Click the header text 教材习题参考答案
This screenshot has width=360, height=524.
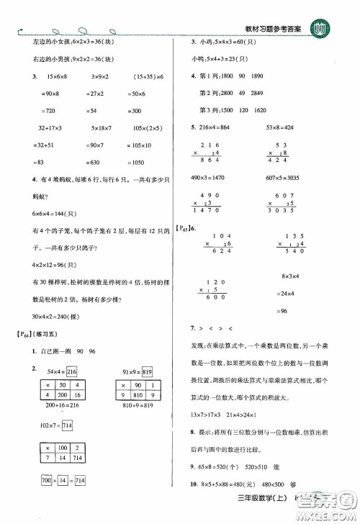click(274, 27)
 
